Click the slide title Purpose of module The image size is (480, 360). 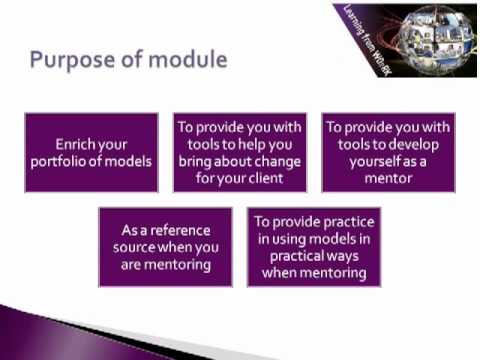[x=127, y=59]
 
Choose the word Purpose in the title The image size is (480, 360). [x=69, y=59]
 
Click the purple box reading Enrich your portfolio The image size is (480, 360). [x=91, y=152]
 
